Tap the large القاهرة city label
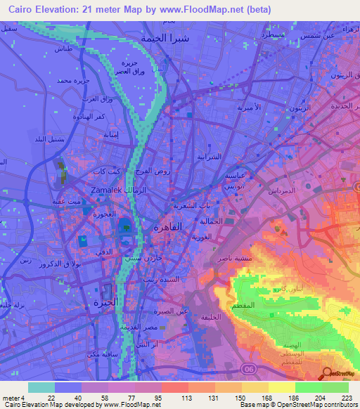coord(171,227)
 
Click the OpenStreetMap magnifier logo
coord(327,375)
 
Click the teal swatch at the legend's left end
coord(41,387)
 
